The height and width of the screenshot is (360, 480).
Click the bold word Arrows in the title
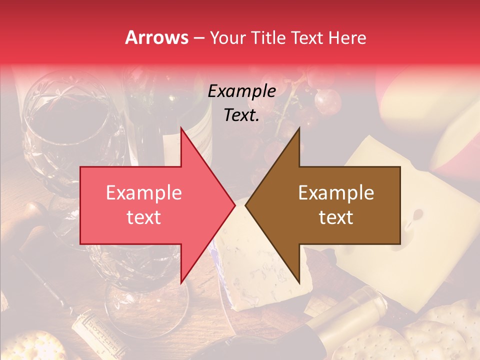(x=157, y=37)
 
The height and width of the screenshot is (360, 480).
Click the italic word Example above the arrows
(x=241, y=91)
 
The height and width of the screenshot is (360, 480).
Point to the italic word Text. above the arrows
(x=241, y=115)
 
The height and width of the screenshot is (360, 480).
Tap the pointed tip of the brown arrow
(x=247, y=205)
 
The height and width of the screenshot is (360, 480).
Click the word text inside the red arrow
(x=144, y=217)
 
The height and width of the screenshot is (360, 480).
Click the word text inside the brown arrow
(x=336, y=217)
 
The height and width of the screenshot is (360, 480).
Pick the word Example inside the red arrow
(x=144, y=193)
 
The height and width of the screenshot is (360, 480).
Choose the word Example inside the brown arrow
(x=336, y=193)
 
